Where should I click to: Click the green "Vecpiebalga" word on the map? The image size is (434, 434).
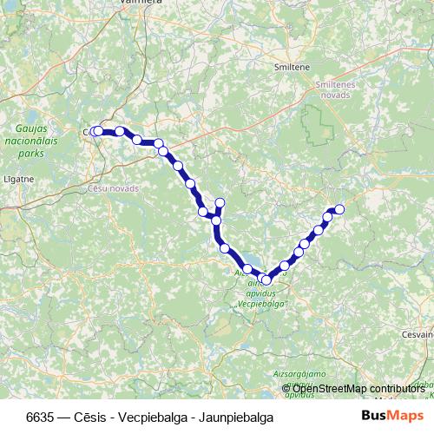262,305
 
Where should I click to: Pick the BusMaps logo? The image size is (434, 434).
393,416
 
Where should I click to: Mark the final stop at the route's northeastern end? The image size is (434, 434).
339,208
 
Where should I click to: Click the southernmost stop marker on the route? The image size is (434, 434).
266,280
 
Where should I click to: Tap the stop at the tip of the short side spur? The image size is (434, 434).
220,203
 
